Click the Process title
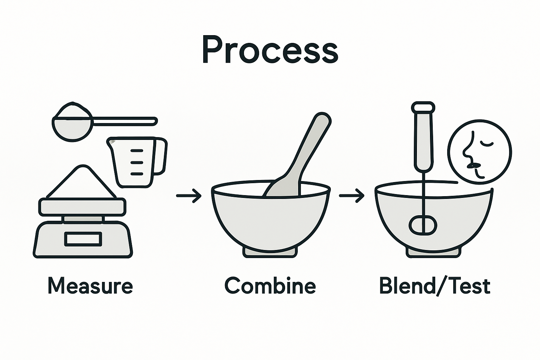click(270, 51)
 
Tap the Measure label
click(90, 286)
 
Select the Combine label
click(270, 286)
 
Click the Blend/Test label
click(435, 286)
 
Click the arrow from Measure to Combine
click(189, 196)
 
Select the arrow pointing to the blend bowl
click(352, 196)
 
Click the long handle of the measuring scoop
click(123, 121)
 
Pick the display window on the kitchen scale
click(83, 239)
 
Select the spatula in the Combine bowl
click(299, 158)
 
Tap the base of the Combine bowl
click(270, 251)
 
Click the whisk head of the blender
click(423, 225)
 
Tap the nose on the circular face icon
click(467, 149)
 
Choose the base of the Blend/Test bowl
click(433, 251)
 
